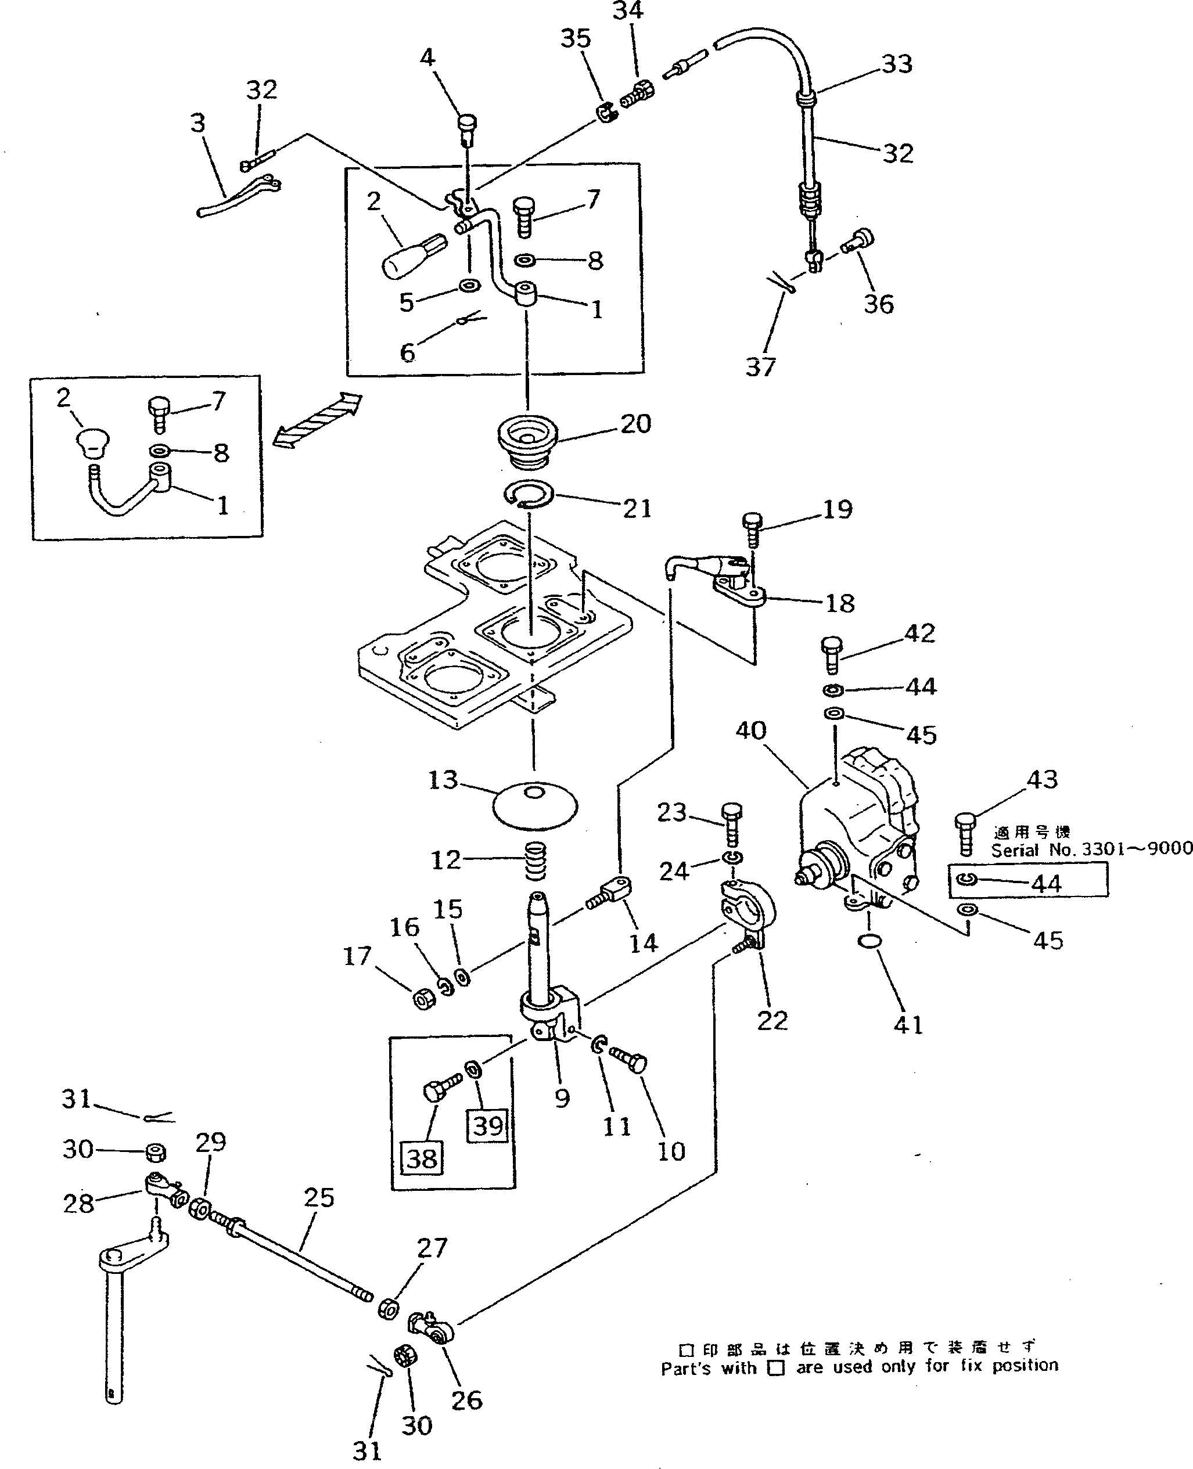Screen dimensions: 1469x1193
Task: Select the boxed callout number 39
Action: [488, 1125]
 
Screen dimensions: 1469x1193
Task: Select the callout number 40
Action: [750, 730]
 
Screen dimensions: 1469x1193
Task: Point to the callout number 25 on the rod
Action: [319, 1197]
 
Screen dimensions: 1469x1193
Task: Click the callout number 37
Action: [761, 367]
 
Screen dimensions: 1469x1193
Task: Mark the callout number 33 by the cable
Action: [897, 64]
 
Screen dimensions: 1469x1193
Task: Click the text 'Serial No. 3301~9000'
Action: [1091, 849]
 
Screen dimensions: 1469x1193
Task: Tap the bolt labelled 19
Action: [753, 530]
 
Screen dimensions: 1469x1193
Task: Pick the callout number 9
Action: [562, 1097]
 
